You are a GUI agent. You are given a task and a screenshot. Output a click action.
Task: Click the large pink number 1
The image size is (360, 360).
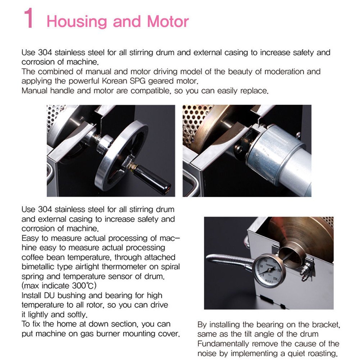[29, 18]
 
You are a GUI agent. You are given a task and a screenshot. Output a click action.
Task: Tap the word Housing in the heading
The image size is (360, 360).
[77, 22]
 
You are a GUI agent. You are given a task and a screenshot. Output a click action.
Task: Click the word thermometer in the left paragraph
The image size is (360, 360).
[124, 267]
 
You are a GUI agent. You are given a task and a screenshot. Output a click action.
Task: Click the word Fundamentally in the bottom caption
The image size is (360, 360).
[220, 344]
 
